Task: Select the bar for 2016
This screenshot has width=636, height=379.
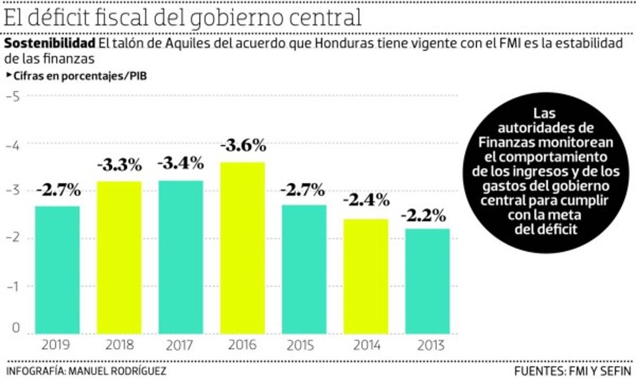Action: coord(242,248)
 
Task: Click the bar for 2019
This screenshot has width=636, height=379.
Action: coord(58,269)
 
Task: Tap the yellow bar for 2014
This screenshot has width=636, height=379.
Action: coord(366,276)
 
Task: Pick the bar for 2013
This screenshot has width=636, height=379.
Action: coord(427,281)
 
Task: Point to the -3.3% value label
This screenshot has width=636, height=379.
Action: coord(119,165)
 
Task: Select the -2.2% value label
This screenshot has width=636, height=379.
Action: coord(424,215)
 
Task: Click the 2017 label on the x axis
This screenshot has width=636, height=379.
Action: coord(181,346)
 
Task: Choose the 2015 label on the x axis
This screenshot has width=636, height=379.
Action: coord(304,346)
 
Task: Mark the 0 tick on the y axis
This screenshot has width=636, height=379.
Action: coord(15,328)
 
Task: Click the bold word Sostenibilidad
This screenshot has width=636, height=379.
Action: coord(50,43)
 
